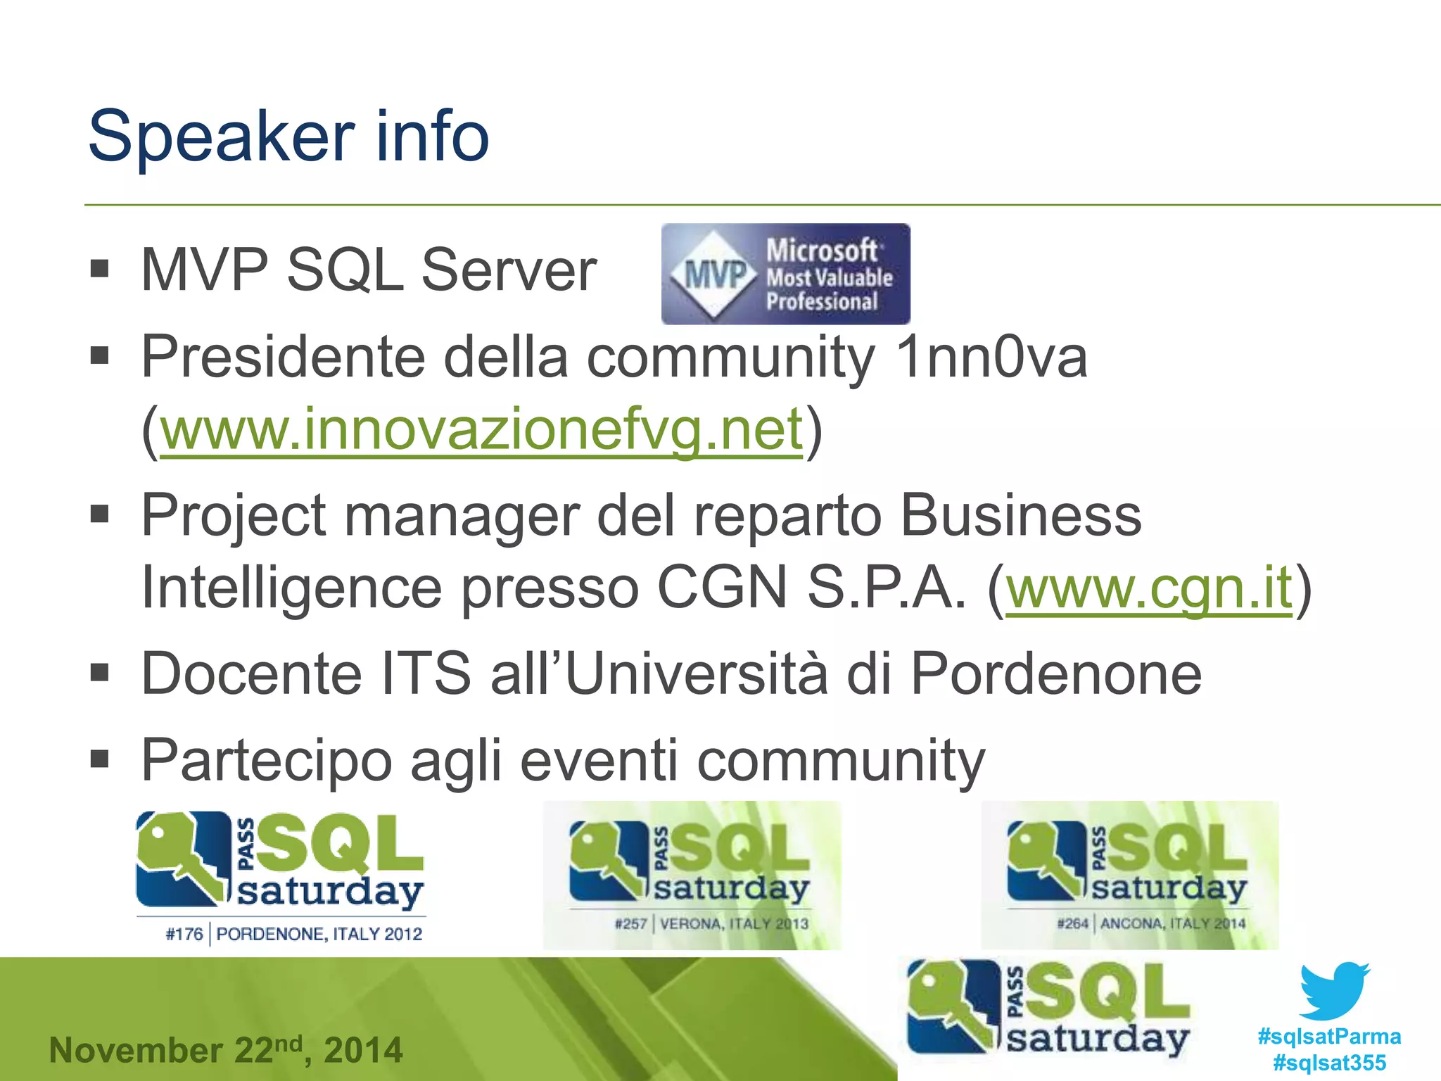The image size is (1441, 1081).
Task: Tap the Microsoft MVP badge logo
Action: click(785, 274)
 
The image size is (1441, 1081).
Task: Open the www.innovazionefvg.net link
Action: click(482, 429)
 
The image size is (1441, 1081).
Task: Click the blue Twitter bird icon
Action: click(1334, 990)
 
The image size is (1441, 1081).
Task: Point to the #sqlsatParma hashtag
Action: click(1329, 1036)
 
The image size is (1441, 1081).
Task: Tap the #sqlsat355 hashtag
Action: click(1329, 1062)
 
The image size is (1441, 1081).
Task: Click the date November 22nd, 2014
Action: click(226, 1050)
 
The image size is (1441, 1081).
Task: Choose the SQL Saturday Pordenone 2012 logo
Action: click(281, 877)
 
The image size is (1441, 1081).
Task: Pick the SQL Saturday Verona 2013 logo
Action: click(692, 875)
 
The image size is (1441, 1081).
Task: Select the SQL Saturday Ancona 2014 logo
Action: click(1129, 875)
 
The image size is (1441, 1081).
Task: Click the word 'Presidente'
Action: click(284, 356)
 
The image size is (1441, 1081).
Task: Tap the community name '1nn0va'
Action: click(992, 356)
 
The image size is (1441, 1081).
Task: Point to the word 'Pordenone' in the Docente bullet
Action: click(1055, 674)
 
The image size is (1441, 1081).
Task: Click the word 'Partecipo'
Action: click(266, 760)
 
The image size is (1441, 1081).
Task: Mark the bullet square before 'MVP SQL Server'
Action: click(100, 269)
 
